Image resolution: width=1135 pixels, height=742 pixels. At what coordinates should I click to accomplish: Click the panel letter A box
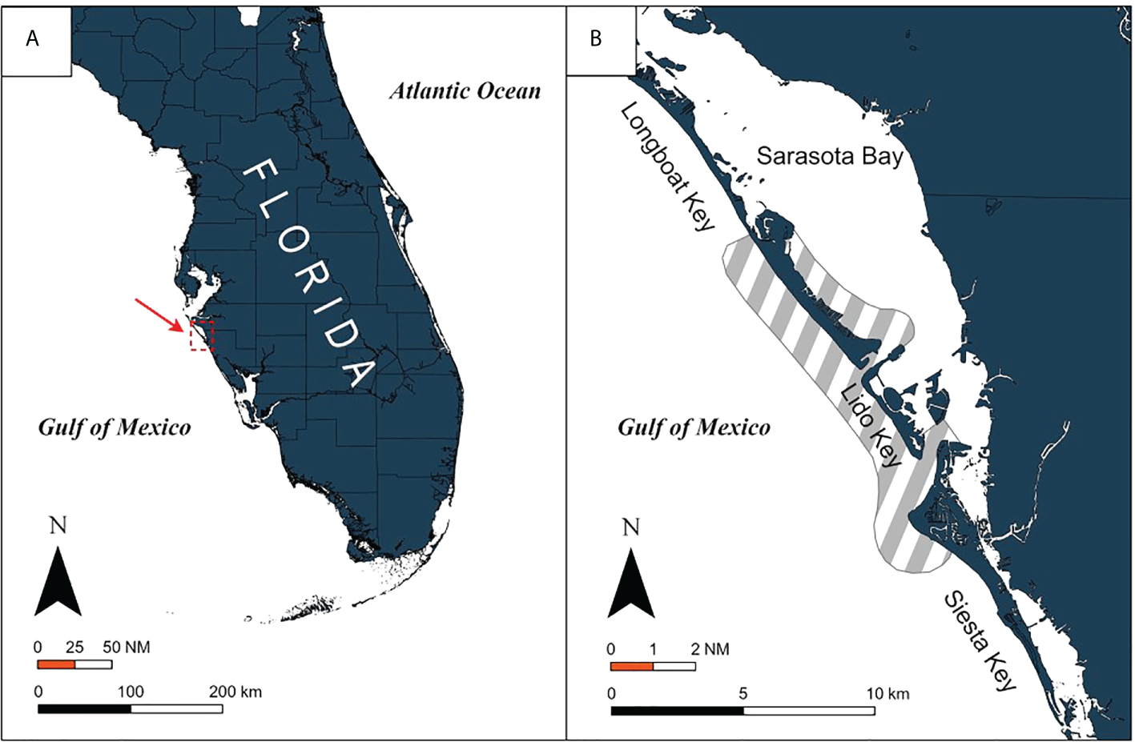pyautogui.click(x=36, y=41)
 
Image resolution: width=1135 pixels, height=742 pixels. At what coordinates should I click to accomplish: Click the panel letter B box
pyautogui.click(x=600, y=41)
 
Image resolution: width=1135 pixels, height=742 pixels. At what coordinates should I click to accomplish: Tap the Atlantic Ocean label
pyautogui.click(x=465, y=91)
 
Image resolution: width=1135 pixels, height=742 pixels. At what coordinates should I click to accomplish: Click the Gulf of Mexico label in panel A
pyautogui.click(x=115, y=427)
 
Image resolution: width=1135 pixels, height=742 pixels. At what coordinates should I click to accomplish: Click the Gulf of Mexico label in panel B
pyautogui.click(x=694, y=427)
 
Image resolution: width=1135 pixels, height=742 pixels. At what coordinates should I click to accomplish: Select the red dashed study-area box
pyautogui.click(x=202, y=335)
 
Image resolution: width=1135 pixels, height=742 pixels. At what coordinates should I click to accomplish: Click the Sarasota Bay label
pyautogui.click(x=829, y=156)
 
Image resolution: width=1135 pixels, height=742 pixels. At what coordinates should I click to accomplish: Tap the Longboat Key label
pyautogui.click(x=667, y=166)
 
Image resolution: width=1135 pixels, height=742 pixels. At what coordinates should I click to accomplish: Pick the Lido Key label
pyautogui.click(x=871, y=425)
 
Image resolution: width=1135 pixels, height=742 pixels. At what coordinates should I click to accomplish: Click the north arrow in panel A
pyautogui.click(x=58, y=580)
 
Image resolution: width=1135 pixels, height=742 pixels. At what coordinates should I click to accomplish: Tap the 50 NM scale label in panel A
pyautogui.click(x=126, y=647)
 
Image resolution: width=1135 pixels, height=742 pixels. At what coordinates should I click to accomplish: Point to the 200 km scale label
pyautogui.click(x=235, y=692)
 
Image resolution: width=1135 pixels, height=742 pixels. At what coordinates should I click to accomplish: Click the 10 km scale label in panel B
pyautogui.click(x=887, y=693)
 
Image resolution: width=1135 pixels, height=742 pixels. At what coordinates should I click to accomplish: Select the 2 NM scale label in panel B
pyautogui.click(x=710, y=649)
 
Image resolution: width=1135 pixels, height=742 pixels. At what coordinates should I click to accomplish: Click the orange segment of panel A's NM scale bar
pyautogui.click(x=56, y=664)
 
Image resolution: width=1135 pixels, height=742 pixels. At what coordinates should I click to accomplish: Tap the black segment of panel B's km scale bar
pyautogui.click(x=677, y=710)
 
